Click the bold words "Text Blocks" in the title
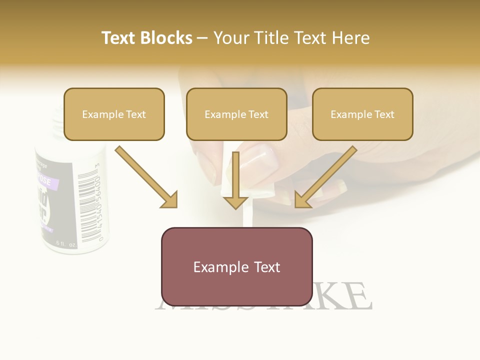pyautogui.click(x=147, y=38)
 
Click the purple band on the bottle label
pyautogui.click(x=45, y=181)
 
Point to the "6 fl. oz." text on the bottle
pyautogui.click(x=66, y=243)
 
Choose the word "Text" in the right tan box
pyautogui.click(x=384, y=114)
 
